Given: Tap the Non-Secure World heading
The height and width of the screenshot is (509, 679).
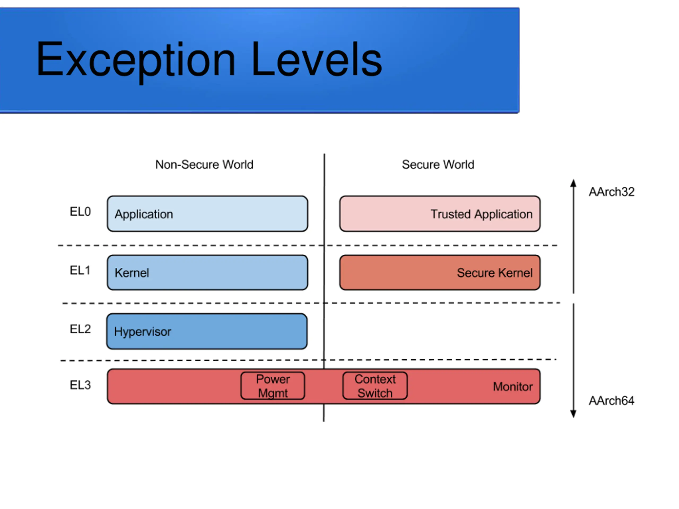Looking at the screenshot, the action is click(x=204, y=164).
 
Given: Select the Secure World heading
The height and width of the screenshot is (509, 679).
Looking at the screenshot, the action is click(x=438, y=164).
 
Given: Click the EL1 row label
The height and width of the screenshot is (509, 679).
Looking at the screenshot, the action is click(x=80, y=271).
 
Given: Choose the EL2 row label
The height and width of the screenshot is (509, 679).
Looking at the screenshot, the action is click(x=80, y=329).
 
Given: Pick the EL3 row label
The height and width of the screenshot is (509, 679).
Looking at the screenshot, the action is click(x=80, y=385).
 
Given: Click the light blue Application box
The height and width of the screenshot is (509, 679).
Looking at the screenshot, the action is click(x=207, y=214).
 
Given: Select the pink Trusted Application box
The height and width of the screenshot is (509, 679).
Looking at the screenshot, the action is click(x=440, y=214).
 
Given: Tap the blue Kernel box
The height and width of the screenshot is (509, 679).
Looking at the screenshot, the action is click(x=207, y=273).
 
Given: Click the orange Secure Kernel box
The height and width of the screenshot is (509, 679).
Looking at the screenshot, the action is click(x=440, y=273).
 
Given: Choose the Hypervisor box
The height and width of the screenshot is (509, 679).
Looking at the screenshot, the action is click(x=207, y=331).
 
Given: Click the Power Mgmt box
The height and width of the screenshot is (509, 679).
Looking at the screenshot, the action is click(x=273, y=386).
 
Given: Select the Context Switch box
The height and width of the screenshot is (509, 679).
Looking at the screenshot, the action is click(x=375, y=386).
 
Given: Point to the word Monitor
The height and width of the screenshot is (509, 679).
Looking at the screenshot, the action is click(x=513, y=387).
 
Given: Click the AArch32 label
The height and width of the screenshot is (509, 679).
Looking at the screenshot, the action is click(x=611, y=192).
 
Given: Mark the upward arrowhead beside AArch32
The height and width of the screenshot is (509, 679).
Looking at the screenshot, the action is click(x=573, y=183).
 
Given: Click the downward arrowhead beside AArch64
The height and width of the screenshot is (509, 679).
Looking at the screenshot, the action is click(x=573, y=414).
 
